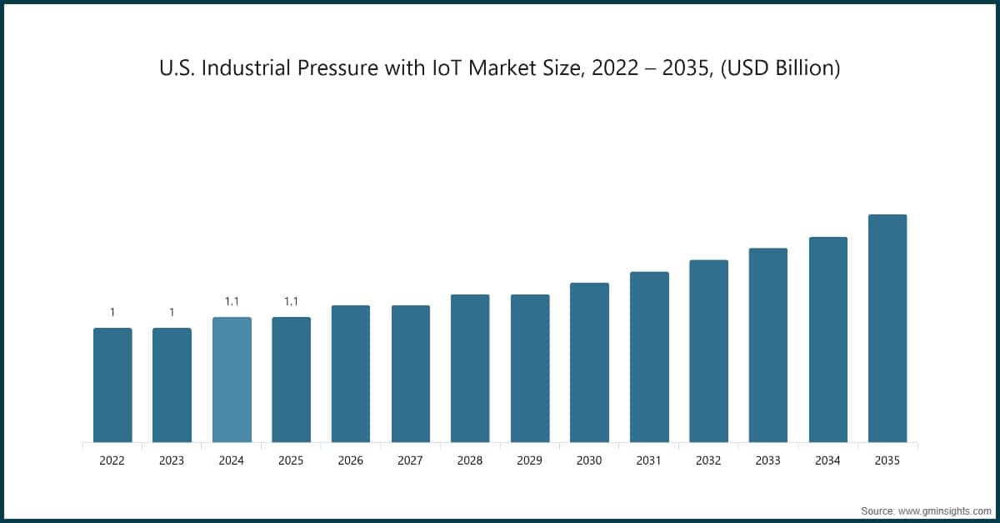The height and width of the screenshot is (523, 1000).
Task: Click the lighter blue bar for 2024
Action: (232, 380)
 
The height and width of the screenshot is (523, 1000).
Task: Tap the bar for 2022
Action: (112, 385)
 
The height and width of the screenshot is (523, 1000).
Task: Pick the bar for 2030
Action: (589, 362)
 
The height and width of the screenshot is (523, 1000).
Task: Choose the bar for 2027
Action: (411, 374)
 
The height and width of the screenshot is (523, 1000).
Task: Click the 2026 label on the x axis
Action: (351, 460)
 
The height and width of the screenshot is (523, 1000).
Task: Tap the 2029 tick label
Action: (530, 460)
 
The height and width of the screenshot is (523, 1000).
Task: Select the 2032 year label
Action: (708, 460)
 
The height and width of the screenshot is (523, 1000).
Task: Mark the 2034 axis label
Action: (827, 460)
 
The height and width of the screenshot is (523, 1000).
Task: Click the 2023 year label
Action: (172, 460)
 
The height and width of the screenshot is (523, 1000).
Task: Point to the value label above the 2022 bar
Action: (112, 313)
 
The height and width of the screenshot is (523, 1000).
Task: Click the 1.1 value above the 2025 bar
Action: (291, 302)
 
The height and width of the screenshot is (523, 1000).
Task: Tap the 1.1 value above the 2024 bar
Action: (232, 302)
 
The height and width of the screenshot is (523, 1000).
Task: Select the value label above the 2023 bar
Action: (172, 313)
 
